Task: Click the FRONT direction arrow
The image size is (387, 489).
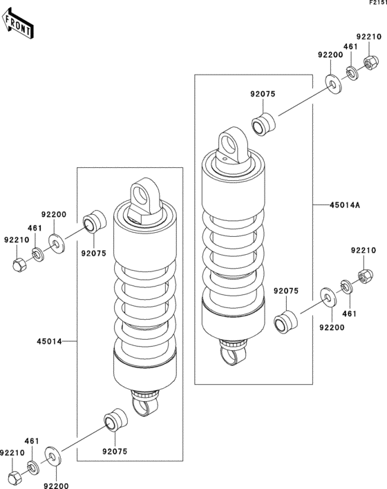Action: (x=19, y=25)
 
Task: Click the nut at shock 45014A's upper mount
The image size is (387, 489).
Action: (x=368, y=62)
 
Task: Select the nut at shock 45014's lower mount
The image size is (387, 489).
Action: (x=16, y=477)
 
